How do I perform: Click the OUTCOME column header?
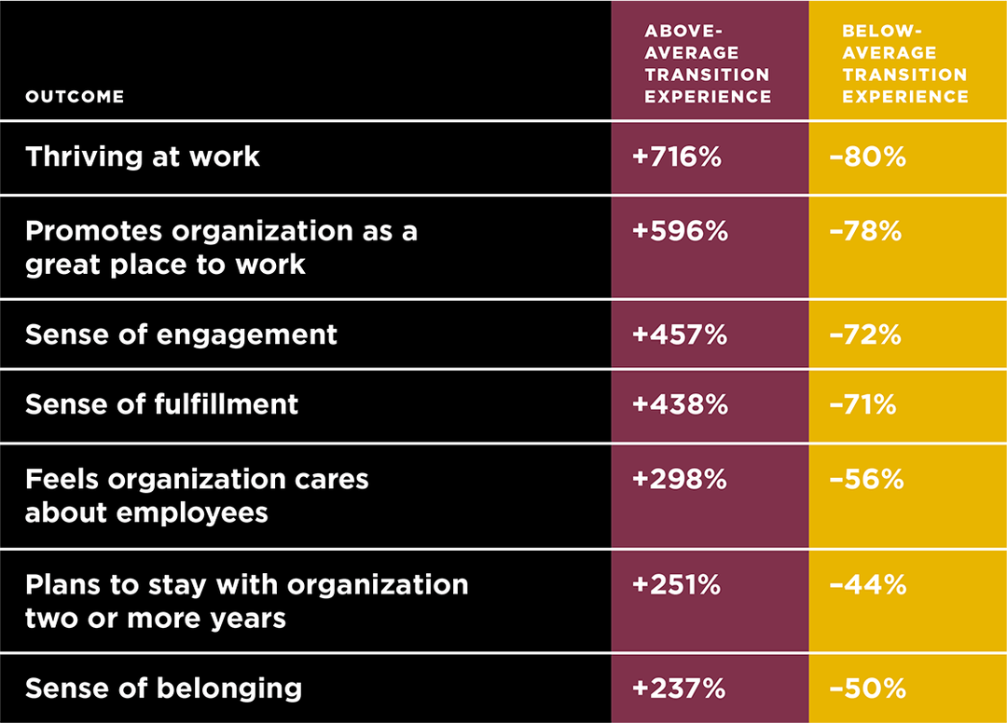[75, 97]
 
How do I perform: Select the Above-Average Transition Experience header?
[708, 63]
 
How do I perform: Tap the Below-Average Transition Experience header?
[904, 63]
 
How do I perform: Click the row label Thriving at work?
[143, 157]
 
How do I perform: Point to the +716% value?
[677, 157]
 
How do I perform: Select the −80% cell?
[867, 157]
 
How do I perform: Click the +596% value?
[680, 231]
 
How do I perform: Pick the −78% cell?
[866, 231]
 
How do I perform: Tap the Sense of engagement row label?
[181, 334]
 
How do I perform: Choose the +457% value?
[680, 334]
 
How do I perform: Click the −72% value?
[865, 334]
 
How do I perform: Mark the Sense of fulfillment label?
[161, 404]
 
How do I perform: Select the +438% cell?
[680, 404]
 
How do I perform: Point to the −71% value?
[862, 404]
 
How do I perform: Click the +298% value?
[680, 479]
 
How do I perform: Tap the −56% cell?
[867, 479]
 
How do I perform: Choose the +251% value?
[677, 585]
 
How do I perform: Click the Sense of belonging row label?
[163, 689]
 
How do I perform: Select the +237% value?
[679, 689]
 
